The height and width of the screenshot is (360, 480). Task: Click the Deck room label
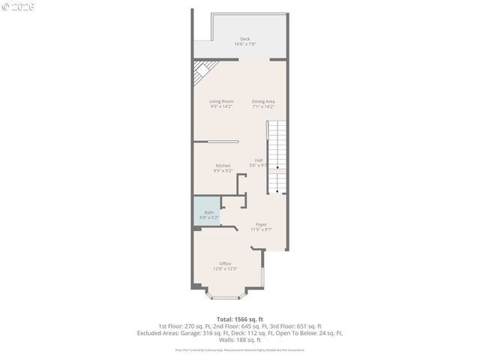(x=244, y=39)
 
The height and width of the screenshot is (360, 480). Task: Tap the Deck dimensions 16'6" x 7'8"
(x=244, y=44)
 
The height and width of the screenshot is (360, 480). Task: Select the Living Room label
(x=221, y=101)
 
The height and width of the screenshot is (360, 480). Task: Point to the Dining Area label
(x=263, y=101)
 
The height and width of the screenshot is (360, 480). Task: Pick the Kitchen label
(x=223, y=166)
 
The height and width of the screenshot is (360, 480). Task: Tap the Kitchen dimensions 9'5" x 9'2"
(x=223, y=171)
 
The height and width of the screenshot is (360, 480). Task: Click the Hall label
(x=259, y=160)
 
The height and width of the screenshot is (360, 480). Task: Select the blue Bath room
(x=208, y=214)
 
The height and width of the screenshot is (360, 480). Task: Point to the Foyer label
(x=261, y=224)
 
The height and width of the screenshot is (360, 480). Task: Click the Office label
(x=225, y=263)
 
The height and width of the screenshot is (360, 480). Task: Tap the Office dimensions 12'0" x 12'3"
(x=225, y=268)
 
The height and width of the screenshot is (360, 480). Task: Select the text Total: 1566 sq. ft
(x=240, y=319)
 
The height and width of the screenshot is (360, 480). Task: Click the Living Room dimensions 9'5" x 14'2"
(x=221, y=106)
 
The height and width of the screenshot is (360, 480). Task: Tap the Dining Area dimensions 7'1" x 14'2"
(x=263, y=106)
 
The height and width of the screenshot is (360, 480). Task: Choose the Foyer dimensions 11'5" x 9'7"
(x=261, y=229)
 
